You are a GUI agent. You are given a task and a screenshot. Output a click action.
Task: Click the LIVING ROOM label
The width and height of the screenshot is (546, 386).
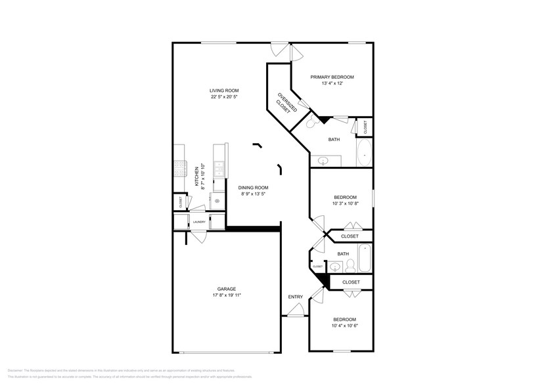[x=224, y=91]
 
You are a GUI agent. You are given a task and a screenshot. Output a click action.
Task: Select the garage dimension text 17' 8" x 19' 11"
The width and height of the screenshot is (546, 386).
[x=227, y=295]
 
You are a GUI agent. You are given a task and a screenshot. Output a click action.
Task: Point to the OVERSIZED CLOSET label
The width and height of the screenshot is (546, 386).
[x=284, y=102]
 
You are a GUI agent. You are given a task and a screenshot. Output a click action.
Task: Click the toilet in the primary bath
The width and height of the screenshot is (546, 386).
[x=311, y=122]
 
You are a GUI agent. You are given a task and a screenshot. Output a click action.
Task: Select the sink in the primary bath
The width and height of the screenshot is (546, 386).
[x=323, y=160]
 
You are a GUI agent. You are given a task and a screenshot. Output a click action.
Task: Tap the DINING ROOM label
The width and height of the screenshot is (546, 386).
[x=253, y=188]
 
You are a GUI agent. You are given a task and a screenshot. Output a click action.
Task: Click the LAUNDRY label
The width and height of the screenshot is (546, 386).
[x=199, y=222]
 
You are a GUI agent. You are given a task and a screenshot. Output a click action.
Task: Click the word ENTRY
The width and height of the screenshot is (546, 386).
[x=295, y=297]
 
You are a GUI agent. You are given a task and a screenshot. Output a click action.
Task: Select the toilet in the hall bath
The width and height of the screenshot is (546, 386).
[x=351, y=266]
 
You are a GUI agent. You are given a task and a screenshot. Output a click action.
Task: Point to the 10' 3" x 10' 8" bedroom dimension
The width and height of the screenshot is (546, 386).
[x=345, y=204]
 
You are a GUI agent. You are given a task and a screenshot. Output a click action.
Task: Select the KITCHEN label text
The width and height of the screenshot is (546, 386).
[x=196, y=176]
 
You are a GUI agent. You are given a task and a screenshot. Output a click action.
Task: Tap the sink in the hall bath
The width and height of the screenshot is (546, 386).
[x=336, y=267]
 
